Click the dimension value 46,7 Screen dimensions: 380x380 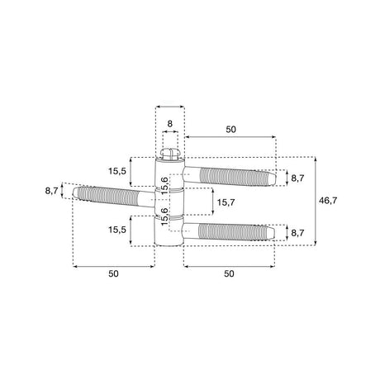328,201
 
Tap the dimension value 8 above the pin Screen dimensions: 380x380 169,124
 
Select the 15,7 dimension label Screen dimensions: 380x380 226,202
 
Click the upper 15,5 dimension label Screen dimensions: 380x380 117,171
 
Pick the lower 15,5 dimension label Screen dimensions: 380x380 117,230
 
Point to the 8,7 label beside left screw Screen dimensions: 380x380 52,190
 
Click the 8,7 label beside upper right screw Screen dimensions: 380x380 297,178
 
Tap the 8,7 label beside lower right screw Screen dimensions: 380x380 297,233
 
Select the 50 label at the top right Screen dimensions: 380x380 231,129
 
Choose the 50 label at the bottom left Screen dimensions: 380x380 113,273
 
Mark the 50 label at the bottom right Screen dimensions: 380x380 229,273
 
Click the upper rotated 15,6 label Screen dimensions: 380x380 164,186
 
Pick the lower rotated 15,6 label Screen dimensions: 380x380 164,216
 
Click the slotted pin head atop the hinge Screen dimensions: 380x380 169,154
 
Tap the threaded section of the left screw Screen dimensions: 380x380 108,196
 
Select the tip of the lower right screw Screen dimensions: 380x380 274,233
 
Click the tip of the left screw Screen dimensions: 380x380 74,192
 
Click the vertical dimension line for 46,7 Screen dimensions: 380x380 316,201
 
